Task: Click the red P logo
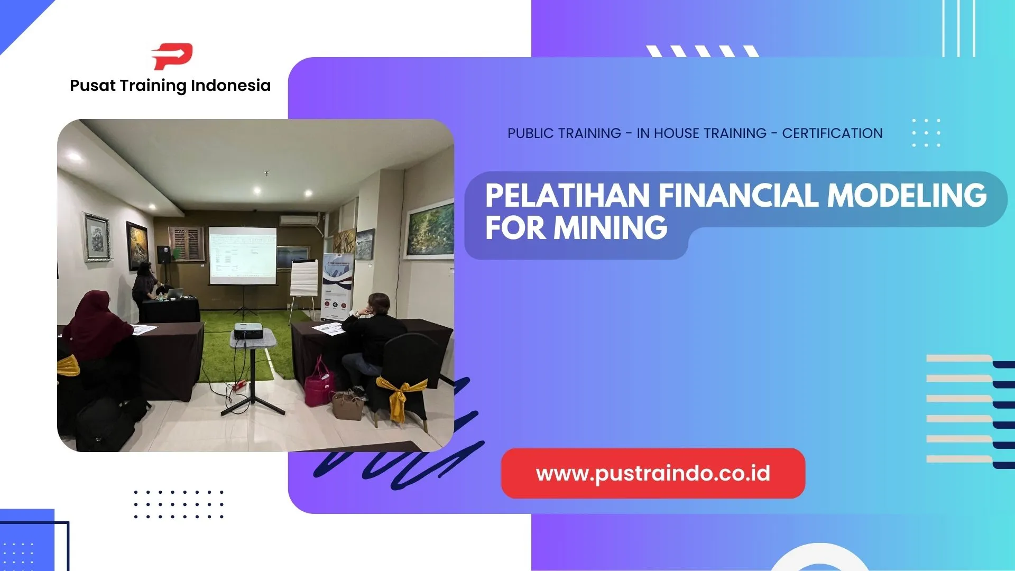click(172, 56)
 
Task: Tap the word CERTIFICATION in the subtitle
click(832, 133)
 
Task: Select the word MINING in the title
click(610, 228)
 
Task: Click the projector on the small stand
click(248, 331)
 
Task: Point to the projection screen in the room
click(243, 255)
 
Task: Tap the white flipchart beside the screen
click(304, 278)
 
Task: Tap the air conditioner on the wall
click(298, 220)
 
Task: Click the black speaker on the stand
click(164, 254)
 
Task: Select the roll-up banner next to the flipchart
click(337, 285)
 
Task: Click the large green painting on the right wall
click(430, 230)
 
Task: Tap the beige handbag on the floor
click(347, 406)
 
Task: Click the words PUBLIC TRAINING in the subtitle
click(564, 133)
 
